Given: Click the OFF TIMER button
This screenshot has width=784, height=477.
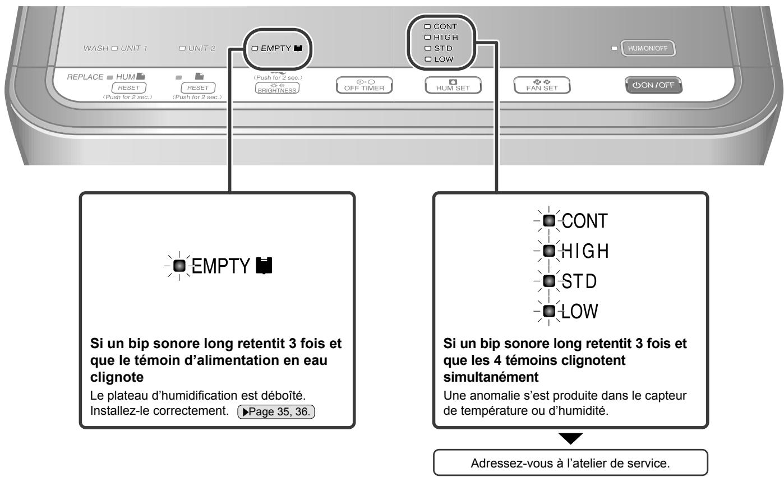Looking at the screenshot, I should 363,86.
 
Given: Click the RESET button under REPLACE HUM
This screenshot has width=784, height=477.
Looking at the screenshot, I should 128,87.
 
